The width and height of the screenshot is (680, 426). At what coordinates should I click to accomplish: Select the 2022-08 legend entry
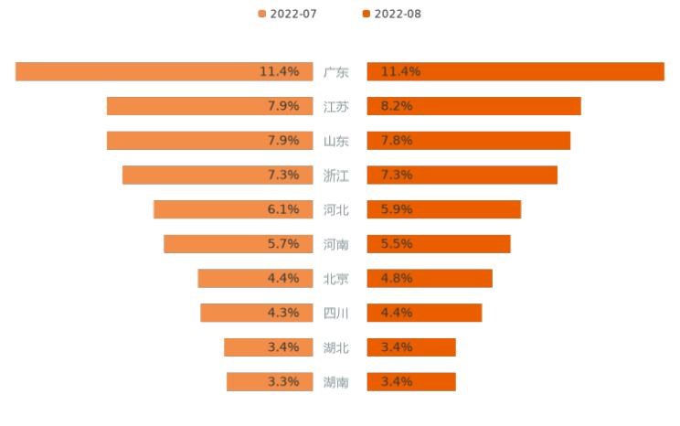coord(392,14)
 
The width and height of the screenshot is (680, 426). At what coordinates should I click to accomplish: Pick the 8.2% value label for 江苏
coord(397,106)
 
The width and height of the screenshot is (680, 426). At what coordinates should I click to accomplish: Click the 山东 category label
coord(336,141)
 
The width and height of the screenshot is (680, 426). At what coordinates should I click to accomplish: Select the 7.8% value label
coord(397,141)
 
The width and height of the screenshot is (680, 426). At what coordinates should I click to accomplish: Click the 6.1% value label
coord(283,209)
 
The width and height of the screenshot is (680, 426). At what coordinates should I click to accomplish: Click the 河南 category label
coord(336,244)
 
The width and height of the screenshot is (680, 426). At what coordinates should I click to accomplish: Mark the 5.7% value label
coord(283,244)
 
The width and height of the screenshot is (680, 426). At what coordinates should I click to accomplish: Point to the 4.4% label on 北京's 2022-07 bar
coord(283,278)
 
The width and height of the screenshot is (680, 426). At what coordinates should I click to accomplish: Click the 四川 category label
coord(336,313)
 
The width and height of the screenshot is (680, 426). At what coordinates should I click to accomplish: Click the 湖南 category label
coord(336,382)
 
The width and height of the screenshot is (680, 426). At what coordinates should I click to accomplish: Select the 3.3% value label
coord(283,382)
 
